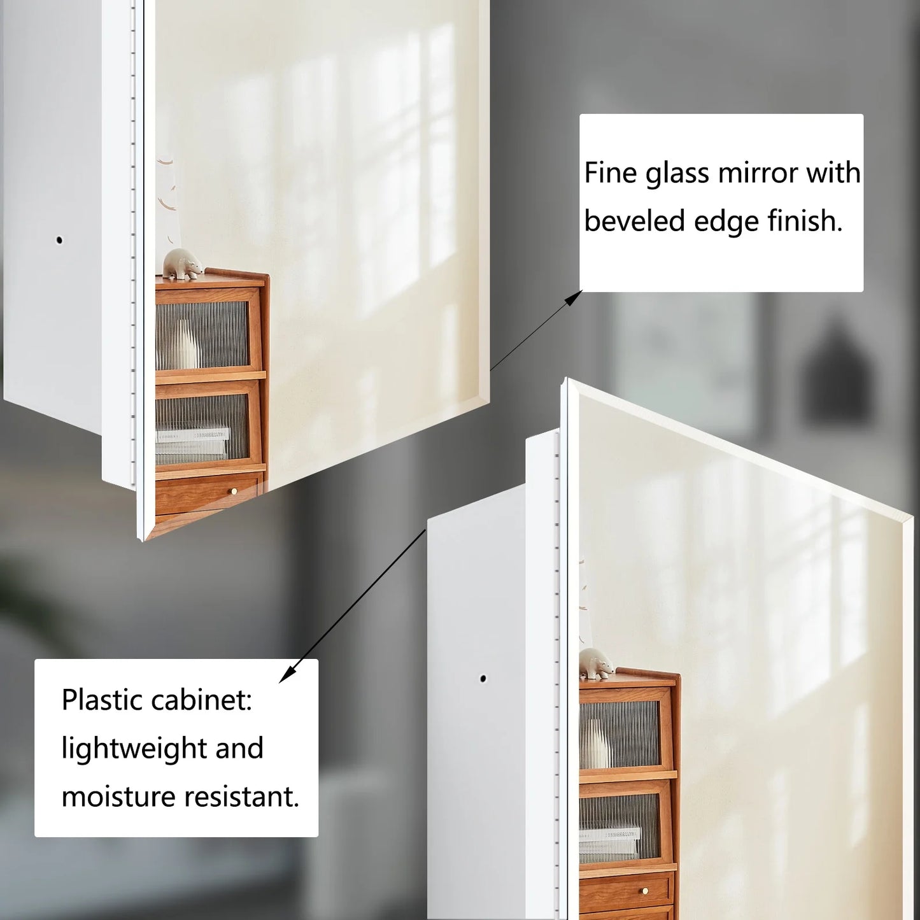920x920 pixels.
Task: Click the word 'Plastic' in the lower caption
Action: [102, 700]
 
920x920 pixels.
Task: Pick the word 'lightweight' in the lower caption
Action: [134, 748]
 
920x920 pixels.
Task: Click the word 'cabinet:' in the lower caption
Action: [201, 700]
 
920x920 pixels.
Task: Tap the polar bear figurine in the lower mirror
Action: [597, 663]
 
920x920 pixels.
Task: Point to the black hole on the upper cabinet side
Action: [59, 239]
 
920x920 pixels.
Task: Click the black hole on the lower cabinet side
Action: [483, 678]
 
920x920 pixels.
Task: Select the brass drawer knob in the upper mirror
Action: [234, 492]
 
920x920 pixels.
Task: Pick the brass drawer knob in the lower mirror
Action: [646, 891]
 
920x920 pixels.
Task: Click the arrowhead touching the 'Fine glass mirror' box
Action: [574, 297]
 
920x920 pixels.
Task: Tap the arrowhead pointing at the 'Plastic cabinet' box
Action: [287, 674]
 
